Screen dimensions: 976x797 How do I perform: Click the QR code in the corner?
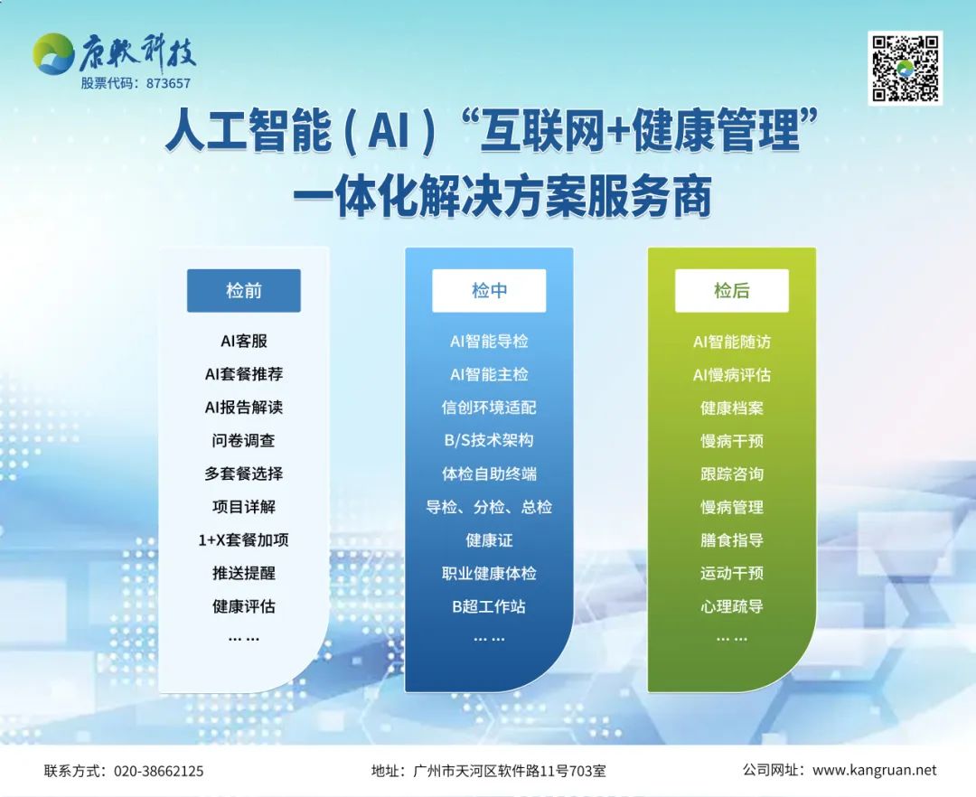905,69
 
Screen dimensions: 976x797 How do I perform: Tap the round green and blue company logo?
53,54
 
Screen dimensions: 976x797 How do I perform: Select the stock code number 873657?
168,83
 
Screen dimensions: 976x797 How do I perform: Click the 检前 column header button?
243,291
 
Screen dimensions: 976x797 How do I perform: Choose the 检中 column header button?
489,291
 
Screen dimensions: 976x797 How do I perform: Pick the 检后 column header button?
732,291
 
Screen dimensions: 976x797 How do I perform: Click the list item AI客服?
243,341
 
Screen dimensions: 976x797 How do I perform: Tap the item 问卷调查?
243,440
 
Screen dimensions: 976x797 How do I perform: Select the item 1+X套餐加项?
243,540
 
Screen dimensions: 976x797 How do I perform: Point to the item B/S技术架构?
489,440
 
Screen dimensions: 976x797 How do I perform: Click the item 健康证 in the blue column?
489,540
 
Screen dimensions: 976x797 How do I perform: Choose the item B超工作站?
489,606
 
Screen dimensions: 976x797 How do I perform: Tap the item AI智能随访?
732,342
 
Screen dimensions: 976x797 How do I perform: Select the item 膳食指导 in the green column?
732,540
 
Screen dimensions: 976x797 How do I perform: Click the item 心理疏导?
732,606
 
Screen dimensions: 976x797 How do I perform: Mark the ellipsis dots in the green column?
732,639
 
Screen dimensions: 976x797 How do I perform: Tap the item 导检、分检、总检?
489,507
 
